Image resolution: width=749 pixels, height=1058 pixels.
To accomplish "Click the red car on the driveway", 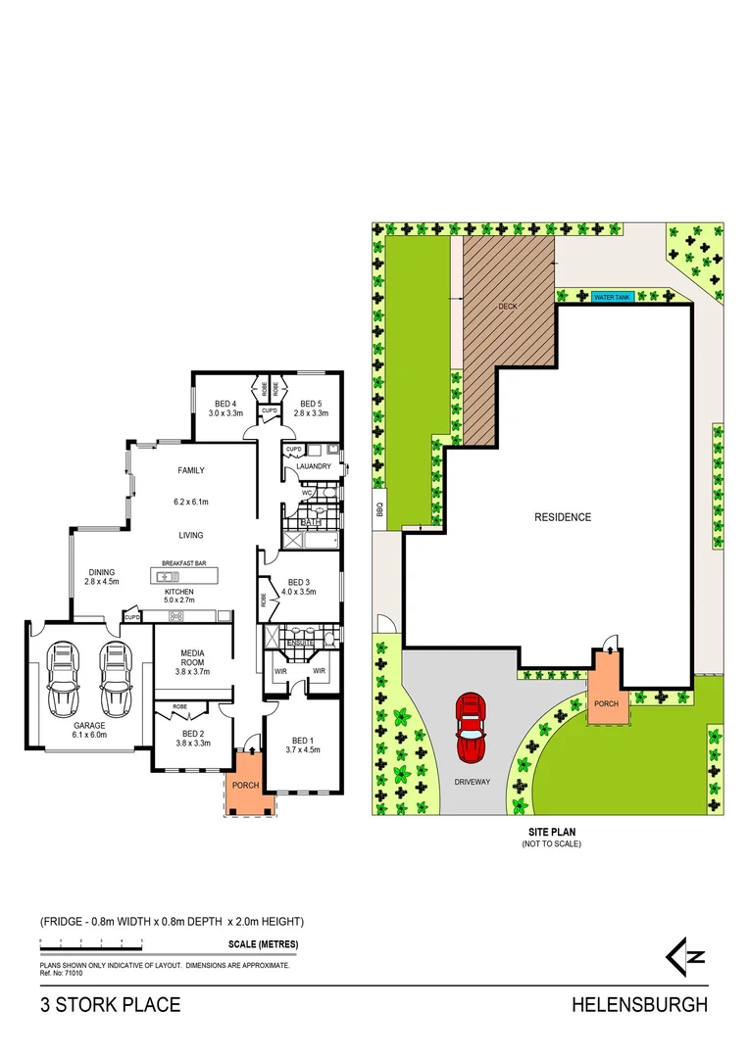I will (x=471, y=727).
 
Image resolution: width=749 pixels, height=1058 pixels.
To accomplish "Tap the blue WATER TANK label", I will (x=611, y=297).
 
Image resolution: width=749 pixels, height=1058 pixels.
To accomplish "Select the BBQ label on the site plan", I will (x=378, y=509).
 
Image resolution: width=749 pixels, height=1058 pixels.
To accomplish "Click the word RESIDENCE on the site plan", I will (x=562, y=517).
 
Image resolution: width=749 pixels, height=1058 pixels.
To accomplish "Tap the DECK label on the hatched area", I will (x=507, y=307).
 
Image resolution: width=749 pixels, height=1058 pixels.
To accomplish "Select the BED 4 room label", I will (x=225, y=404).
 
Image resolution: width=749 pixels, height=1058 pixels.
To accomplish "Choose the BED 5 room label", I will (x=311, y=404).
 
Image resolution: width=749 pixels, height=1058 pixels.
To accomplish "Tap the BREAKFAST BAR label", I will (x=183, y=563).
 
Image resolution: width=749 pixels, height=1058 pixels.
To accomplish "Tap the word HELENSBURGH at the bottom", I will (x=639, y=1005).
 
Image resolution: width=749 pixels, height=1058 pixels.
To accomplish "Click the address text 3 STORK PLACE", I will (x=110, y=1005).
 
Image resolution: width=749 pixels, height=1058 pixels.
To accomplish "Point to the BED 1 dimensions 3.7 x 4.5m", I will (x=303, y=749).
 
